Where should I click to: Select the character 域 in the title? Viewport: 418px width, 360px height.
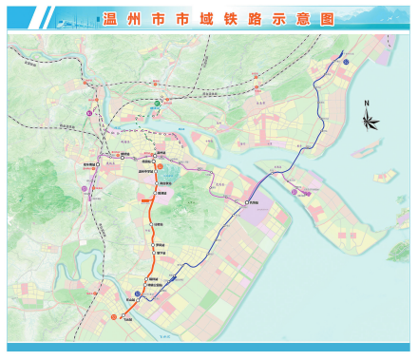(x=200, y=16)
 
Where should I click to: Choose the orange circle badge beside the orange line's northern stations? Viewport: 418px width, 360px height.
(x=172, y=168)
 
